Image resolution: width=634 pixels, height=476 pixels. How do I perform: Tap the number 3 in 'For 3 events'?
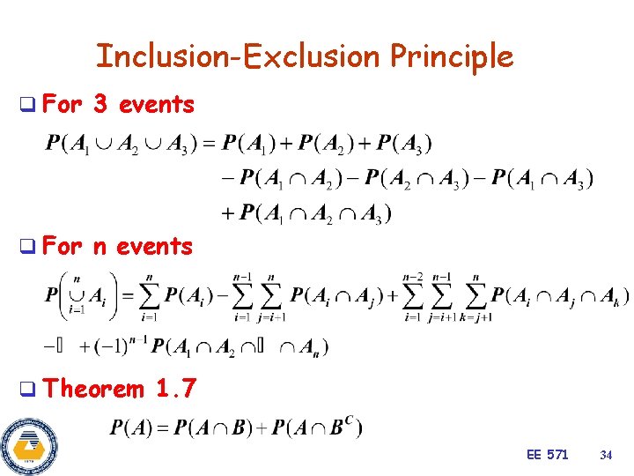click(x=100, y=105)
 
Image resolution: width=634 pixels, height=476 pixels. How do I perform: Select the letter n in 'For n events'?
click(x=100, y=247)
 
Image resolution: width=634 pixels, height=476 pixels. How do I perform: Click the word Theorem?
click(x=93, y=388)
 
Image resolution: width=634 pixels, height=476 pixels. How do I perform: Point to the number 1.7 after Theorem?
click(x=176, y=388)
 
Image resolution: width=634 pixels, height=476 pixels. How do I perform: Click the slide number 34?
click(x=605, y=455)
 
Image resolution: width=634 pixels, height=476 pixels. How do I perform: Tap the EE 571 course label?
click(x=547, y=455)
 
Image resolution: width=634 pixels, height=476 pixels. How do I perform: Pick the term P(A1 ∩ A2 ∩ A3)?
click(x=315, y=212)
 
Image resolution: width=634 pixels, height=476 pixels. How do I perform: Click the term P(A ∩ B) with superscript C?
click(x=316, y=428)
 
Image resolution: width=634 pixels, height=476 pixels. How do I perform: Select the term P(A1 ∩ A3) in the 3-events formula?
click(x=542, y=178)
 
